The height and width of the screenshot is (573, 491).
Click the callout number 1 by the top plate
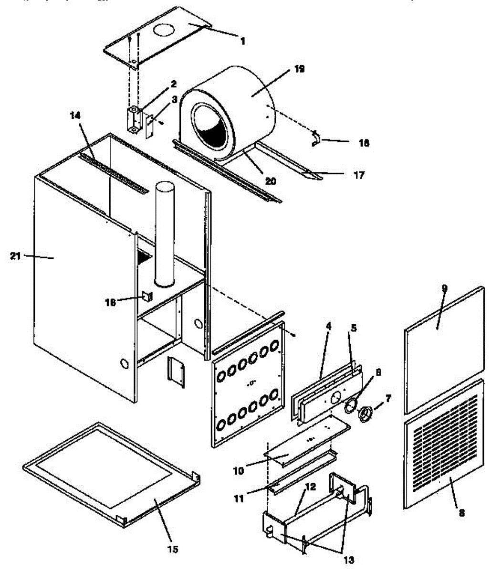coord(242,42)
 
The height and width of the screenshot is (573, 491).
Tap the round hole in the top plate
coord(164,30)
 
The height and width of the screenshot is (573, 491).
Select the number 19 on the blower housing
coord(299,69)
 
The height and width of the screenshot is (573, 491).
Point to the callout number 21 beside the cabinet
coord(16,256)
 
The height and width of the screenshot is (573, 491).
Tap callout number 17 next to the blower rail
coord(359,175)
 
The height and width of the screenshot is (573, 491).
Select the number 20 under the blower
coord(271,181)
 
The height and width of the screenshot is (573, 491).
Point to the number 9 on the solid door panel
coord(444,288)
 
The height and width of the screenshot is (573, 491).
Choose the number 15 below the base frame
coord(173,550)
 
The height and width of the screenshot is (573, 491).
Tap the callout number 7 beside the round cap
coord(387,397)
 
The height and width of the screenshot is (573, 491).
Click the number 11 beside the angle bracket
coord(239,499)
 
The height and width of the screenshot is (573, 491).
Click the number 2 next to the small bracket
coord(173,84)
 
